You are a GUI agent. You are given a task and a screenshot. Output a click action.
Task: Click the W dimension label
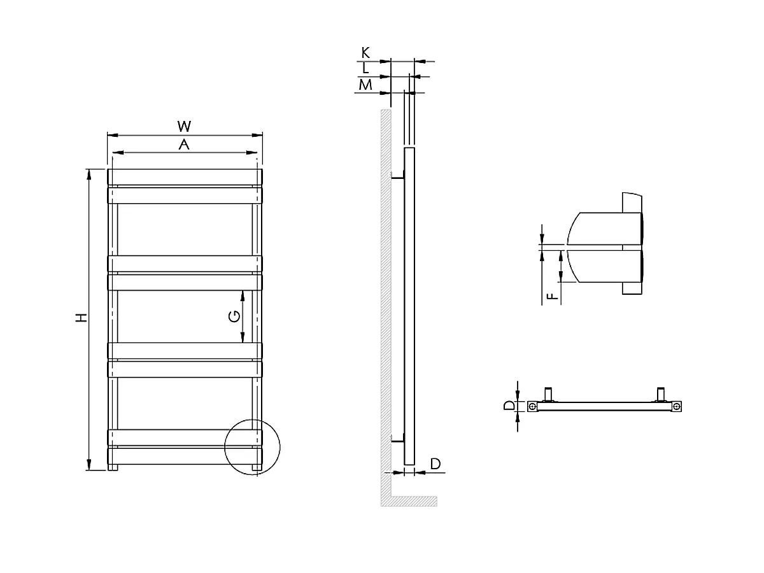point(185,125)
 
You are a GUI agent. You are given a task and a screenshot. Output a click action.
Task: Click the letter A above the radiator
point(185,145)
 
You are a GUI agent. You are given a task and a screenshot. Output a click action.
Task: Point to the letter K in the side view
point(365,53)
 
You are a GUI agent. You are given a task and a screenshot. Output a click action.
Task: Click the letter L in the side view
point(365,68)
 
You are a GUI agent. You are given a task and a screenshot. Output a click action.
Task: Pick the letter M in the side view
point(365,84)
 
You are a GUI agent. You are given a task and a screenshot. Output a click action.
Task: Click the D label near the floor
point(435,463)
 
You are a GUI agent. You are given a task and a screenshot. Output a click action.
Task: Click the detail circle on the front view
point(253,447)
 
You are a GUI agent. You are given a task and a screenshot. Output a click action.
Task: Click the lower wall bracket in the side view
point(397,439)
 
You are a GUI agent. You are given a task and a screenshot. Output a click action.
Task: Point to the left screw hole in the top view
point(532,406)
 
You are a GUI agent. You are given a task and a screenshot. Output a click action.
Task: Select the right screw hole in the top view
point(677,406)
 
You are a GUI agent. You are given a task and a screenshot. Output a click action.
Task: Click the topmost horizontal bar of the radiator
point(185,176)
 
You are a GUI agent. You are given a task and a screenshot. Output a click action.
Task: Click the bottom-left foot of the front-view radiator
point(113,469)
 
